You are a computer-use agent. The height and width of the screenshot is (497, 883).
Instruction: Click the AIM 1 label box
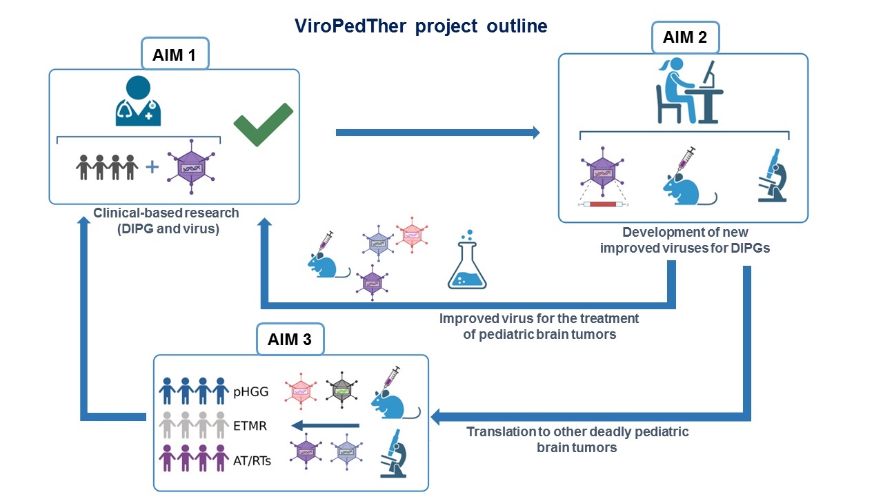pyautogui.click(x=175, y=54)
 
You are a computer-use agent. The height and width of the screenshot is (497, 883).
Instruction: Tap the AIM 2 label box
pyautogui.click(x=686, y=37)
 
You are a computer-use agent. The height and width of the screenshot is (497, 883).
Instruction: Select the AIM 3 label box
pyautogui.click(x=290, y=339)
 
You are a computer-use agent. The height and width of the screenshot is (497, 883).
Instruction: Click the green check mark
pyautogui.click(x=264, y=125)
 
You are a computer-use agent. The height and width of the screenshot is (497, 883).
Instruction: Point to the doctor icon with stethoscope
pyautogui.click(x=138, y=101)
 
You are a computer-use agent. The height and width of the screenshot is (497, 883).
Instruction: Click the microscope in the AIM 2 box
pyautogui.click(x=773, y=175)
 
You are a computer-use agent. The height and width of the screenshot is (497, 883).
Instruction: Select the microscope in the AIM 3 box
pyautogui.click(x=393, y=454)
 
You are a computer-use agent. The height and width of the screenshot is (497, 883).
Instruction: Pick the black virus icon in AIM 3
pyautogui.click(x=341, y=390)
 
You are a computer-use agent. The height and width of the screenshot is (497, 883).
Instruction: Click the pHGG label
pyautogui.click(x=250, y=391)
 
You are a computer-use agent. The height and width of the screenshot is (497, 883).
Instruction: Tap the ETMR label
pyautogui.click(x=250, y=426)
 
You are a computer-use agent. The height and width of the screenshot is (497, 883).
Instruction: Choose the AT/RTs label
pyautogui.click(x=252, y=460)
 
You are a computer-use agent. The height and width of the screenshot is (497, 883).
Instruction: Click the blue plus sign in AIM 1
pyautogui.click(x=152, y=167)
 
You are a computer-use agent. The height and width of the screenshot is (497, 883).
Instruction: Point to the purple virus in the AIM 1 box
pyautogui.click(x=191, y=167)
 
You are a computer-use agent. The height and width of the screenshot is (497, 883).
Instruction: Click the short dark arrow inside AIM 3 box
pyautogui.click(x=325, y=426)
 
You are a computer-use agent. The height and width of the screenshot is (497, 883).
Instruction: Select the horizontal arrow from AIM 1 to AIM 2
pyautogui.click(x=437, y=133)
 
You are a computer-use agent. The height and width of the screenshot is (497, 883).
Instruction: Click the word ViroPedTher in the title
pyautogui.click(x=350, y=26)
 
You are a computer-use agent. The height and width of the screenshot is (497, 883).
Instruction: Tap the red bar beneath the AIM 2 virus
pyautogui.click(x=603, y=204)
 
